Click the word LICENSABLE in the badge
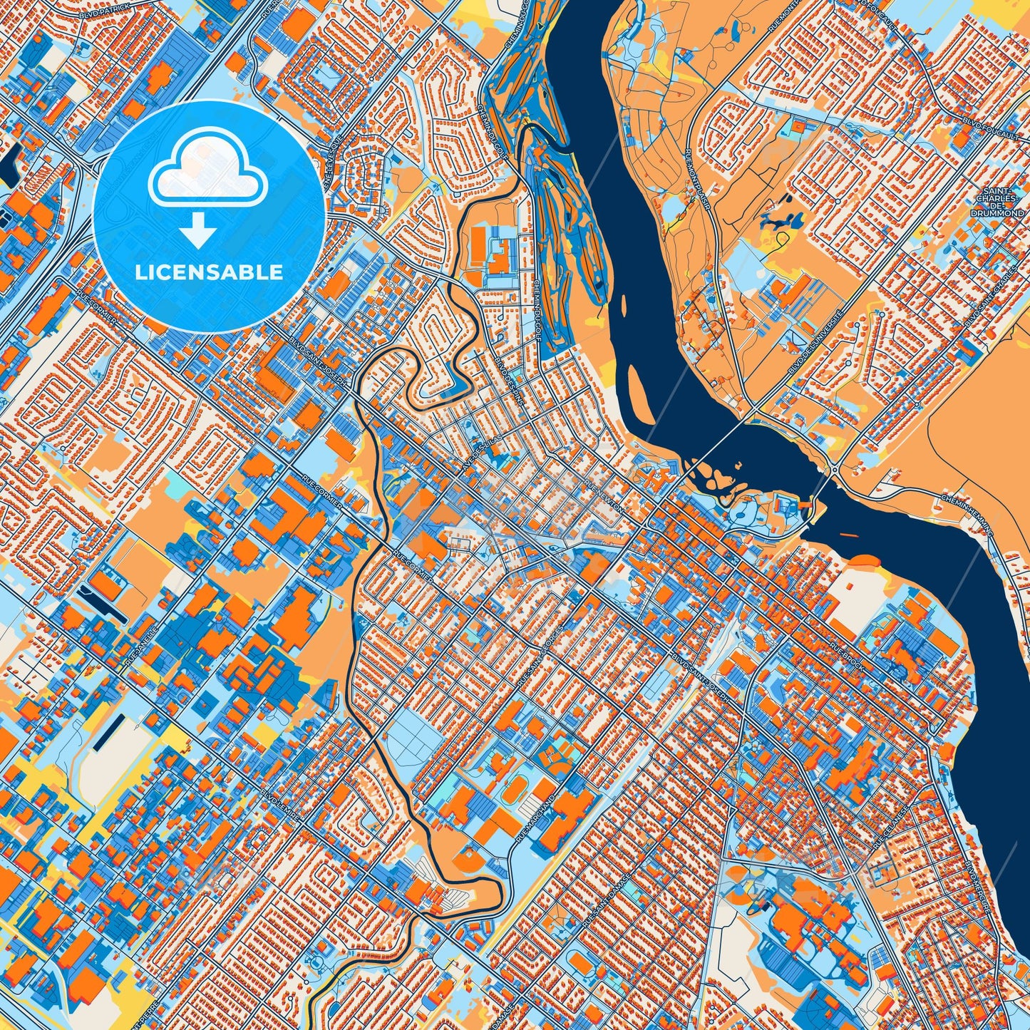point(209,272)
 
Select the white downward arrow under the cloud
point(199,232)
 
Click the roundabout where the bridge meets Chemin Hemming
point(833,470)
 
